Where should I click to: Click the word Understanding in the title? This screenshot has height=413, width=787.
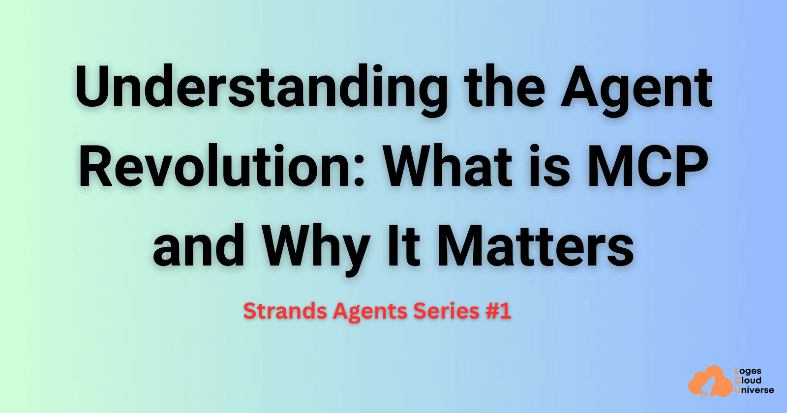pyautogui.click(x=261, y=88)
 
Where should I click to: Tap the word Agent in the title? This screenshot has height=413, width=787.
pyautogui.click(x=636, y=88)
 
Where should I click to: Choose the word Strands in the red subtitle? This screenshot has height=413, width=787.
pyautogui.click(x=285, y=311)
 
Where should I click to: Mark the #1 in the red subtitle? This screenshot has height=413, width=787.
pyautogui.click(x=498, y=311)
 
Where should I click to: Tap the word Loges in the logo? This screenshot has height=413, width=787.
pyautogui.click(x=748, y=371)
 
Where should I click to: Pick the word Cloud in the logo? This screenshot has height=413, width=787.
pyautogui.click(x=748, y=381)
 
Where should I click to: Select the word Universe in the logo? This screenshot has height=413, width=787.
pyautogui.click(x=754, y=390)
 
